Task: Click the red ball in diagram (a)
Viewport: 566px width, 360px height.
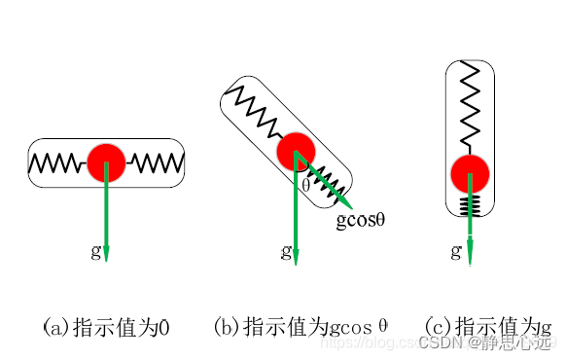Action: click(x=106, y=162)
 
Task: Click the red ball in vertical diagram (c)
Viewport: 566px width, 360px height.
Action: click(x=470, y=174)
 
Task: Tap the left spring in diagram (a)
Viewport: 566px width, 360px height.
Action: click(x=58, y=162)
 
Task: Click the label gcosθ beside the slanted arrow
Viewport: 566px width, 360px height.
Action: click(x=362, y=221)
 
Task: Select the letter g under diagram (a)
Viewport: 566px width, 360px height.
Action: click(x=94, y=251)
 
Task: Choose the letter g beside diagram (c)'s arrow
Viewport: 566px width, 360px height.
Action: click(x=456, y=251)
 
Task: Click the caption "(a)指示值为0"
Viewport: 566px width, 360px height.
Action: click(x=106, y=328)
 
